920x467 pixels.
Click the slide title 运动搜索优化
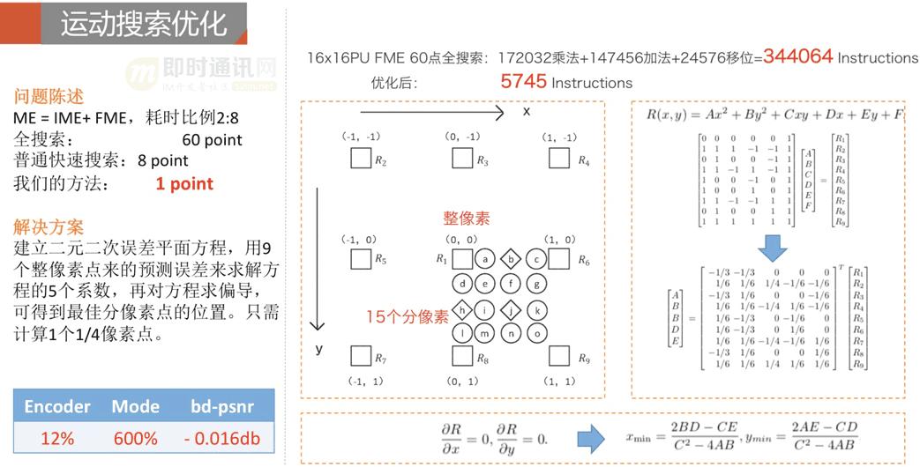click(143, 23)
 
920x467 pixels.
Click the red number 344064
click(797, 56)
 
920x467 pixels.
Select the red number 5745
click(523, 82)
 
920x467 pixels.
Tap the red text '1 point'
click(184, 183)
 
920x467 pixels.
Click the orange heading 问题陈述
click(49, 96)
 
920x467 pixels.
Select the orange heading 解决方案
click(49, 226)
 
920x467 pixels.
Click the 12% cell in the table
click(56, 438)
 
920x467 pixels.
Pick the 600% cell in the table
click(135, 438)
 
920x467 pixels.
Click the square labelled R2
click(360, 159)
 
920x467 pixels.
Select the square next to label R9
click(558, 356)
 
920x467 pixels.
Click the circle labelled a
click(485, 259)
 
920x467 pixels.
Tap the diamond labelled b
click(510, 259)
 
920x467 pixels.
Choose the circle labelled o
click(535, 334)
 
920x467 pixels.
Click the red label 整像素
click(467, 218)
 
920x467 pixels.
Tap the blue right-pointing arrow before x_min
click(590, 437)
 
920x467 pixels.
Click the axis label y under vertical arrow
click(319, 349)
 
